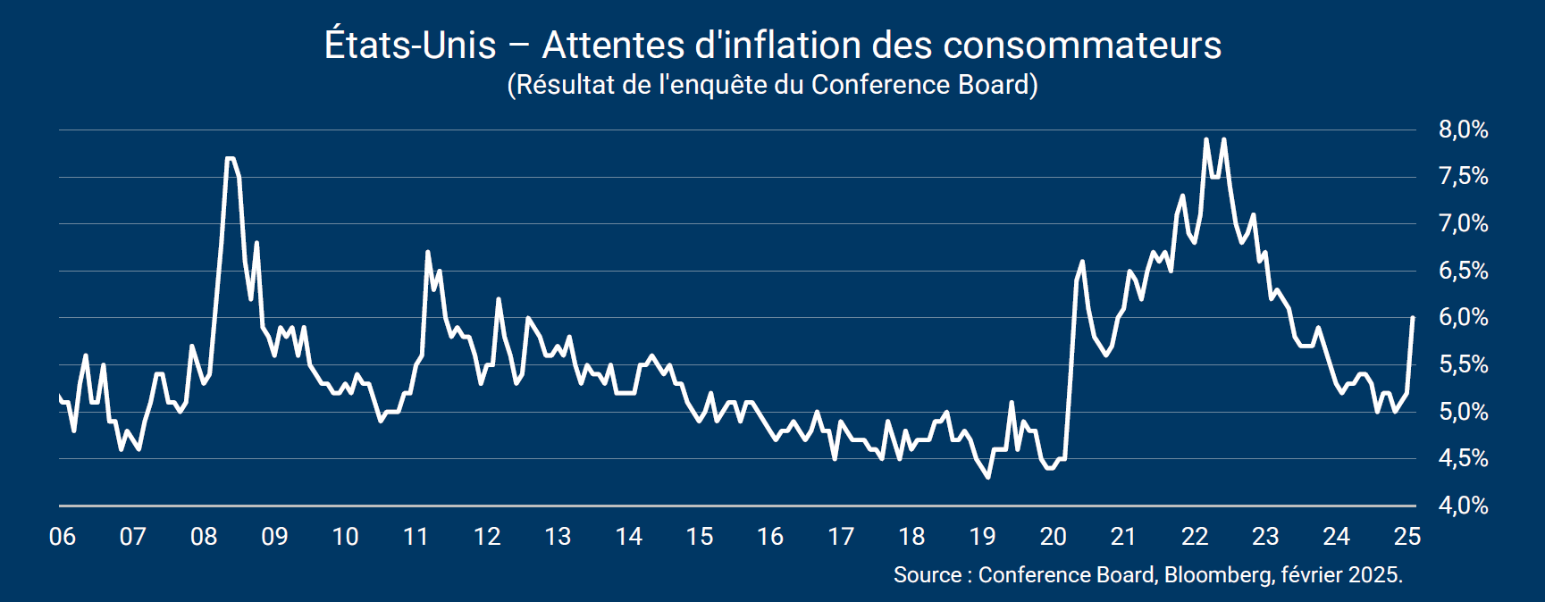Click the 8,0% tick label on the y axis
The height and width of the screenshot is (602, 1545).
pos(1463,130)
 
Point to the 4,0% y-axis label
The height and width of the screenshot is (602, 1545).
pos(1463,506)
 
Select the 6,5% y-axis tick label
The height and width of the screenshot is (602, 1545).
pos(1463,271)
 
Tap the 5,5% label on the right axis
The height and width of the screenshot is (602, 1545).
pos(1463,364)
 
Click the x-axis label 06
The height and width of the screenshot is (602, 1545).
pos(63,537)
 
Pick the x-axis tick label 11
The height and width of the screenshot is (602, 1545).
pos(416,537)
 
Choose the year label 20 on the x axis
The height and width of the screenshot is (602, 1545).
pos(1053,537)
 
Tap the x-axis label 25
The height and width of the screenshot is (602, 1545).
pos(1406,537)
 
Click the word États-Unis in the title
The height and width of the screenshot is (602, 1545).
pos(410,46)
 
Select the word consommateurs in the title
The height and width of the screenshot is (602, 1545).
pos(1082,46)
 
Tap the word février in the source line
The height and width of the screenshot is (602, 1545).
pos(1311,574)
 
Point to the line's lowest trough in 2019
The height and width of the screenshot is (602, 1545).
pos(987,477)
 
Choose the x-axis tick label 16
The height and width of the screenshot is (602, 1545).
pos(769,537)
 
